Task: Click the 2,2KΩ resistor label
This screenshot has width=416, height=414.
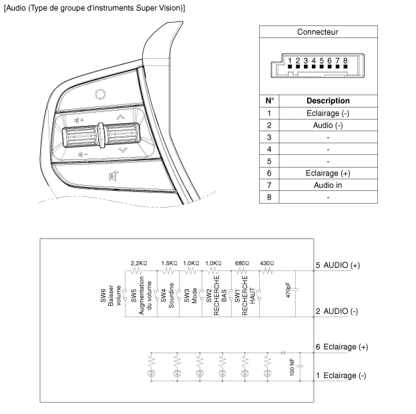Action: [139, 263]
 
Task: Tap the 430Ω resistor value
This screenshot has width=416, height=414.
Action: [266, 263]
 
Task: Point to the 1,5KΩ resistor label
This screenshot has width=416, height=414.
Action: [170, 263]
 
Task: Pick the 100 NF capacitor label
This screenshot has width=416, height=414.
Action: [292, 367]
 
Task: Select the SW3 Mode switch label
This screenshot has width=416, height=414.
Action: [191, 294]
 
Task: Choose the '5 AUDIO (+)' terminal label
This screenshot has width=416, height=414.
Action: [337, 265]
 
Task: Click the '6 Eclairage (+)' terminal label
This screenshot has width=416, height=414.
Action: [341, 347]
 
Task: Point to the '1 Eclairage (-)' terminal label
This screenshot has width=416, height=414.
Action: [341, 375]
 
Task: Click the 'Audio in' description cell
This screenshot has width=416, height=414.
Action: [327, 185]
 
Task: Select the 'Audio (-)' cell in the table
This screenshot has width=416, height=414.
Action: [327, 125]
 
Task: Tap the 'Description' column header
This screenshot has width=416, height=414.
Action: [327, 101]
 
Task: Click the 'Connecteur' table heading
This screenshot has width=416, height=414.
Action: [317, 32]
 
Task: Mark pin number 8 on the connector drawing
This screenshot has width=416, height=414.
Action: [346, 61]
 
